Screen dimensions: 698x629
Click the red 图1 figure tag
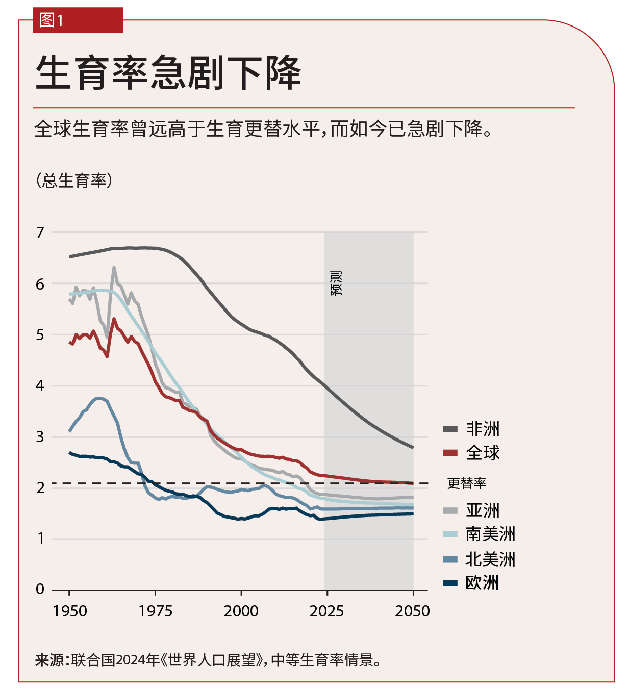coord(77,20)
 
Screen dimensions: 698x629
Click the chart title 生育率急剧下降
coord(168,73)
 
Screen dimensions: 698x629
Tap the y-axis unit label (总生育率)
coord(74,180)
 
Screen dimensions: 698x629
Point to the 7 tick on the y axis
coord(40,233)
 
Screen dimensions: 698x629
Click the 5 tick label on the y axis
coord(40,335)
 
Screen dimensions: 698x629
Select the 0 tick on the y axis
coord(40,590)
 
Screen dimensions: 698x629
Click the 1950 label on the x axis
coord(70,611)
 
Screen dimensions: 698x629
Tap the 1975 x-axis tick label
coord(156,611)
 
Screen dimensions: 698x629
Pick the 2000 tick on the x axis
coord(241,611)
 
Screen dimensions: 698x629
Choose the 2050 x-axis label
coord(412,611)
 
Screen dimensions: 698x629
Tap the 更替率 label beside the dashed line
coord(466,483)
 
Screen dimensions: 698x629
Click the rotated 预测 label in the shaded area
coord(336,283)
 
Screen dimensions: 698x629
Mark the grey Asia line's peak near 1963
coord(114,268)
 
